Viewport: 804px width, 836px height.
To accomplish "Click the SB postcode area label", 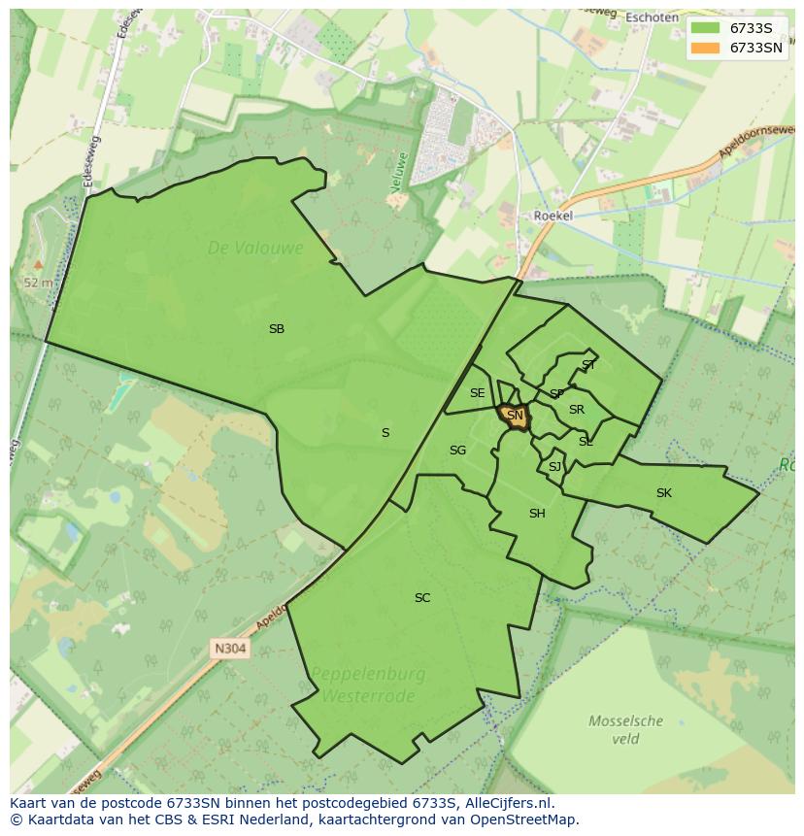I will pos(277,329).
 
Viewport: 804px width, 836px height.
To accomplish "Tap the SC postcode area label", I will pos(422,598).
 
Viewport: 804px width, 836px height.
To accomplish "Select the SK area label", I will pos(664,493).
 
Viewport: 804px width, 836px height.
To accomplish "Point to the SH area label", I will pos(537,514).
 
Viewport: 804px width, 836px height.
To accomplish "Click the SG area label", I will pos(457,451).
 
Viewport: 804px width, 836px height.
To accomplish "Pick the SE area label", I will pos(477,393).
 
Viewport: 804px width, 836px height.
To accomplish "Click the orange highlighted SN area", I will pos(515,416).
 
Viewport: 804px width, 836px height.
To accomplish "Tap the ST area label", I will pos(588,365).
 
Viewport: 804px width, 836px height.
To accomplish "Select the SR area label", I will pos(577,410).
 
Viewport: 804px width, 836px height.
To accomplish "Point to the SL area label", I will pos(586,442).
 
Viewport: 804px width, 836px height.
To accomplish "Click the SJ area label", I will pos(554,467).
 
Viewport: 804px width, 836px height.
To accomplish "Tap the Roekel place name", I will pos(553,216).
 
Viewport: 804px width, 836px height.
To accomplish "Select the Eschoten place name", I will pos(652,17).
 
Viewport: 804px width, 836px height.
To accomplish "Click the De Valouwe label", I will pos(255,249).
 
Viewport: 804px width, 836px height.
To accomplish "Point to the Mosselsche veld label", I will pos(626,729).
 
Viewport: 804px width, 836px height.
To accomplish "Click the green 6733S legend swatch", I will pos(706,28).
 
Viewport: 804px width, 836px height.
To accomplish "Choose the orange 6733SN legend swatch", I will pos(706,48).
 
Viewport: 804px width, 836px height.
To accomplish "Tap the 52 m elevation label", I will pos(38,283).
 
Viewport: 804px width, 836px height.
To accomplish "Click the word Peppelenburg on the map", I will pos(368,674).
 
